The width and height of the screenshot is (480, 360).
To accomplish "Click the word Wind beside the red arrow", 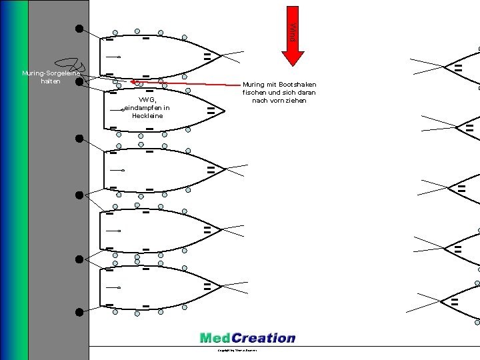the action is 291,32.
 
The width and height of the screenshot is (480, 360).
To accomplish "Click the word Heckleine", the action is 147,116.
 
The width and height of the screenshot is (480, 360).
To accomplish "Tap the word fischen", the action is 256,93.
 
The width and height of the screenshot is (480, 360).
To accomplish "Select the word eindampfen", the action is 143,108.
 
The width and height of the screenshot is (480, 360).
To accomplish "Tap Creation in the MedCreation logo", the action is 263,338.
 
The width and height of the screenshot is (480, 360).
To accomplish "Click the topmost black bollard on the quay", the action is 79,29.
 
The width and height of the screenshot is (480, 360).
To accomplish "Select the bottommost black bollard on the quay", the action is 79,311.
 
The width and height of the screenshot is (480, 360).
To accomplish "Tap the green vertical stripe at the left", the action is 23,180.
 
